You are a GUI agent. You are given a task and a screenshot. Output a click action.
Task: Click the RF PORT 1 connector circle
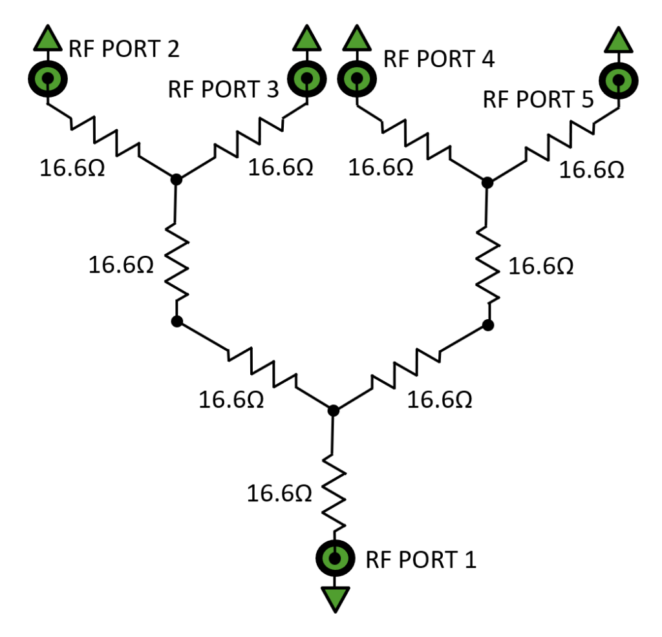pyautogui.click(x=335, y=557)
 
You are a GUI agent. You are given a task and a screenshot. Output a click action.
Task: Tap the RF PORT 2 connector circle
pyautogui.click(x=47, y=79)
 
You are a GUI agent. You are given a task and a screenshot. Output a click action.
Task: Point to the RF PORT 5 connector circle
pyautogui.click(x=619, y=80)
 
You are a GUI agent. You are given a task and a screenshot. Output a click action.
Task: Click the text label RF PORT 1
pyautogui.click(x=421, y=559)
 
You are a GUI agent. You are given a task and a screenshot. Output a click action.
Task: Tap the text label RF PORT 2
pyautogui.click(x=123, y=49)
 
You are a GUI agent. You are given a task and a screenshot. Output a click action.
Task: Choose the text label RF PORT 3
pyautogui.click(x=223, y=89)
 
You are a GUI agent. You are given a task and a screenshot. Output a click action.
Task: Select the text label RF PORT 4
pyautogui.click(x=439, y=59)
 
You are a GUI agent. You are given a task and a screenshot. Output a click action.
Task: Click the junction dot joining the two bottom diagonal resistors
pyautogui.click(x=333, y=410)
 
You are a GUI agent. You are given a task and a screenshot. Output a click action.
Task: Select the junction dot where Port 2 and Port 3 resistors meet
pyautogui.click(x=175, y=179)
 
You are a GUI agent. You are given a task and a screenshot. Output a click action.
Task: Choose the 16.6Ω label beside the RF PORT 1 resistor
pyautogui.click(x=279, y=494)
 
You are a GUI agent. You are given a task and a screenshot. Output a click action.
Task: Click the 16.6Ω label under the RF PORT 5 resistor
pyautogui.click(x=591, y=170)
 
